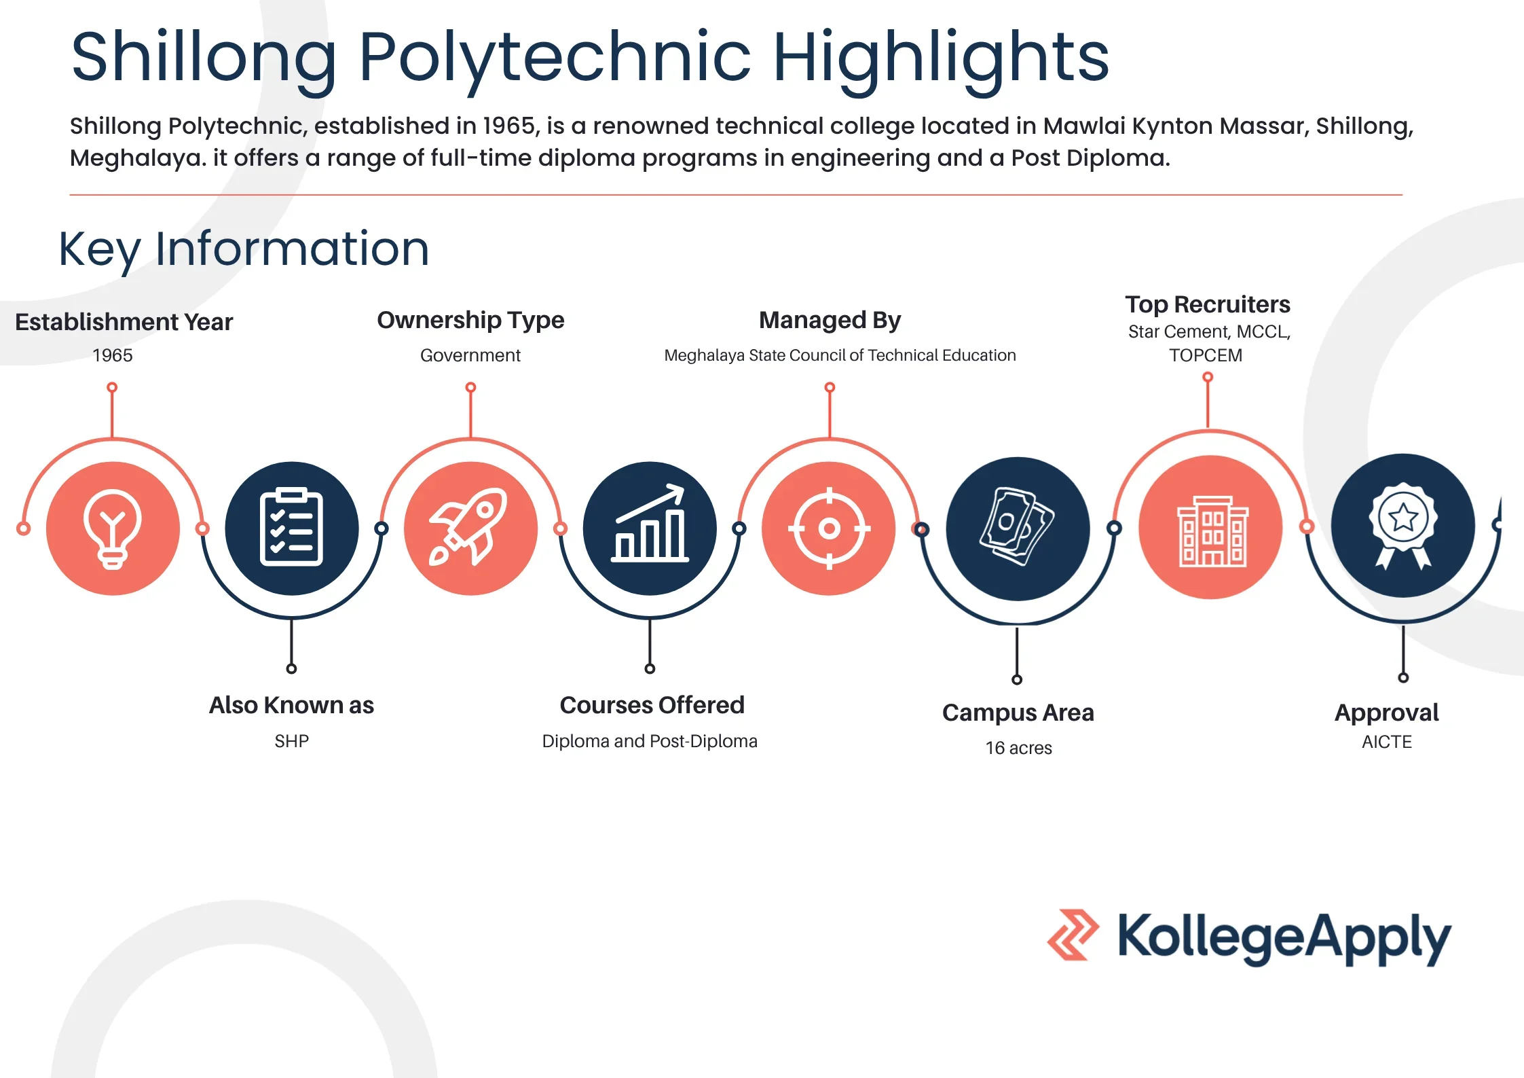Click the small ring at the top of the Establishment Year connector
(112, 387)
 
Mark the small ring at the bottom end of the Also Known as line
(291, 668)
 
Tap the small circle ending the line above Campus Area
(1017, 679)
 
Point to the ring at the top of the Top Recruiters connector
(1208, 377)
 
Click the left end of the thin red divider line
(70, 195)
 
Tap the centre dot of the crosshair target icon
(829, 528)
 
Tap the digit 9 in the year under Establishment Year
(105, 355)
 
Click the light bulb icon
(113, 528)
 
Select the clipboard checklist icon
(291, 526)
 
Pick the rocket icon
(469, 526)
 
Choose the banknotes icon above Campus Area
(1016, 526)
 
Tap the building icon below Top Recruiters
(1212, 531)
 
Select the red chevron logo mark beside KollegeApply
(1073, 935)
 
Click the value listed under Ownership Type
(470, 355)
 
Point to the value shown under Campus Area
(1018, 748)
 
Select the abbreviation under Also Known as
(291, 741)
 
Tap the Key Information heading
(244, 249)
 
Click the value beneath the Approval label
(1386, 742)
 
